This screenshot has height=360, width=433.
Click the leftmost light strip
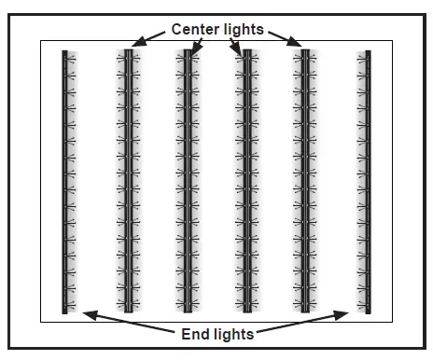point(65,182)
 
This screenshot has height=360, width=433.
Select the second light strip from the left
point(127,182)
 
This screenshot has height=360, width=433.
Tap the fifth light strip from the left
point(305,182)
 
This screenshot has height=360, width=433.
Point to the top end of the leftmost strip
point(65,53)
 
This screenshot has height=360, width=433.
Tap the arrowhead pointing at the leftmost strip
point(86,312)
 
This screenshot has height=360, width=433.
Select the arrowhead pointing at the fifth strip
point(297,44)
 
